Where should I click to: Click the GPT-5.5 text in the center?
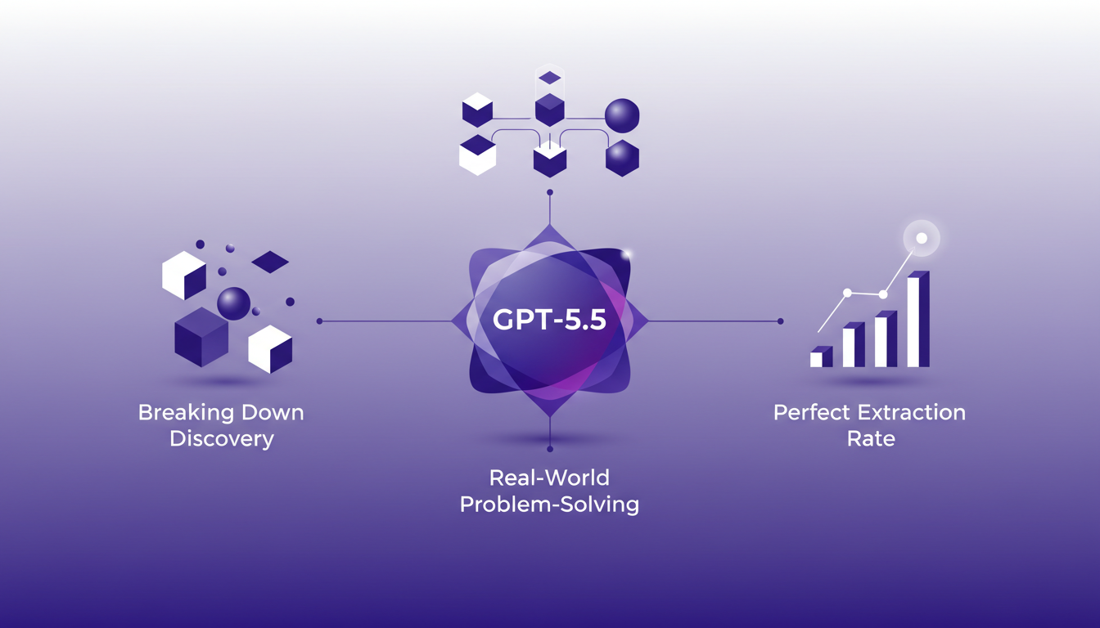pos(549,320)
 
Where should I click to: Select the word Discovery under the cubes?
pos(221,438)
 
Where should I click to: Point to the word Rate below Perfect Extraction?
pos(871,438)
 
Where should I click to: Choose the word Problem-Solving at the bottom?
pos(549,504)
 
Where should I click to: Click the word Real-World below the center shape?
pos(549,477)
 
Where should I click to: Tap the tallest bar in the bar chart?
pos(917,321)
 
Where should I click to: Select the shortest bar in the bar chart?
pos(820,357)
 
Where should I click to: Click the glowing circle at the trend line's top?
pos(921,239)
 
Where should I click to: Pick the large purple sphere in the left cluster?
pos(233,303)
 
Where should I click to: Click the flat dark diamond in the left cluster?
pos(270,262)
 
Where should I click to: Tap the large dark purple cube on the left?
pos(201,336)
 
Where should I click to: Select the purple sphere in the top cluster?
pos(621,115)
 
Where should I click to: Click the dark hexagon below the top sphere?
pos(622,158)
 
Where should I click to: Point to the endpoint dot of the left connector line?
pos(319,321)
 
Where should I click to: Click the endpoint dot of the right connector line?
pos(781,321)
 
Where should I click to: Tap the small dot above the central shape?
pos(550,193)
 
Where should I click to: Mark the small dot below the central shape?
pos(550,449)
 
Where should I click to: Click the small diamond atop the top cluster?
pos(550,78)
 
